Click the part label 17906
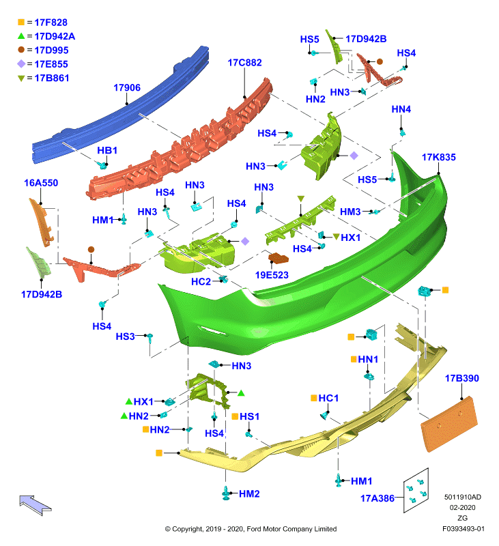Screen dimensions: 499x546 tap(127, 87)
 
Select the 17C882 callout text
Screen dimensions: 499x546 tap(244, 63)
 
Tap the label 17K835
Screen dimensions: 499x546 tap(438, 157)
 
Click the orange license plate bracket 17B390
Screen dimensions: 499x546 tap(449, 424)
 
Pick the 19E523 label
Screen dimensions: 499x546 tap(272, 275)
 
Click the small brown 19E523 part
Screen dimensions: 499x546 tap(279, 258)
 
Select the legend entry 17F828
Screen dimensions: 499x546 tap(51, 23)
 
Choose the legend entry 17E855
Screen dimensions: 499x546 tap(51, 64)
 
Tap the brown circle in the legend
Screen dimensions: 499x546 tap(21, 50)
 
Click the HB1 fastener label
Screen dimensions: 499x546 tap(107, 150)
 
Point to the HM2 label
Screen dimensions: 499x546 tap(249, 493)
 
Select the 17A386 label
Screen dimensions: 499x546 tap(377, 498)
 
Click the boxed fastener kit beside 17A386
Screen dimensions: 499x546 tap(416, 490)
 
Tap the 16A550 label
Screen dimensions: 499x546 tap(41, 183)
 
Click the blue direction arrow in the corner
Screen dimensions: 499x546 tap(35, 505)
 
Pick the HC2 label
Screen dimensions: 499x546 tap(201, 281)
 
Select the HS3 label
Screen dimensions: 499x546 tap(125, 336)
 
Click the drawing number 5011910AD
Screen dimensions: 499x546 tap(462, 497)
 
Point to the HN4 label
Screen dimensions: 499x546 tap(401, 109)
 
